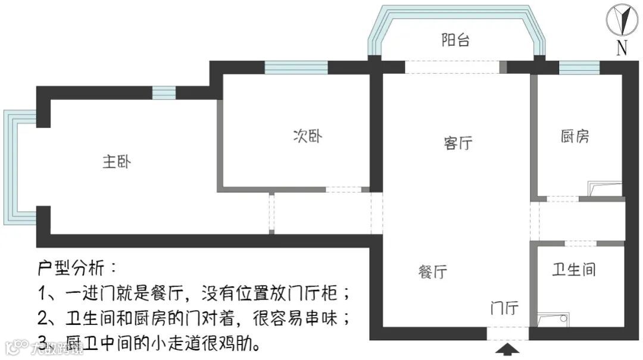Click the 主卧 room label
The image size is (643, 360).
[x=117, y=162]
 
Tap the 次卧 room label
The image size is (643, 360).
[x=308, y=136]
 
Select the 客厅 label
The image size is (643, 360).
[x=458, y=143]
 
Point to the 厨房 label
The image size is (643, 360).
[x=575, y=136]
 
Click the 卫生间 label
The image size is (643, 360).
[x=573, y=270]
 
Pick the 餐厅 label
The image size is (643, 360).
[x=432, y=272]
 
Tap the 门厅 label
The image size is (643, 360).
[x=504, y=309]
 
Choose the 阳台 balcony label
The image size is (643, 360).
[x=455, y=40]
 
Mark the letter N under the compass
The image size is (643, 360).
[x=622, y=48]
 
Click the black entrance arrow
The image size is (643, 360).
[x=507, y=349]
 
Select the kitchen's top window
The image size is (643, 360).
[x=579, y=67]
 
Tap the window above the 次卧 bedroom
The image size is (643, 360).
[x=296, y=67]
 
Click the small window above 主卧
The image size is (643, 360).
[x=164, y=93]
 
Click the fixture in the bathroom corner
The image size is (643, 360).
[x=553, y=320]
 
